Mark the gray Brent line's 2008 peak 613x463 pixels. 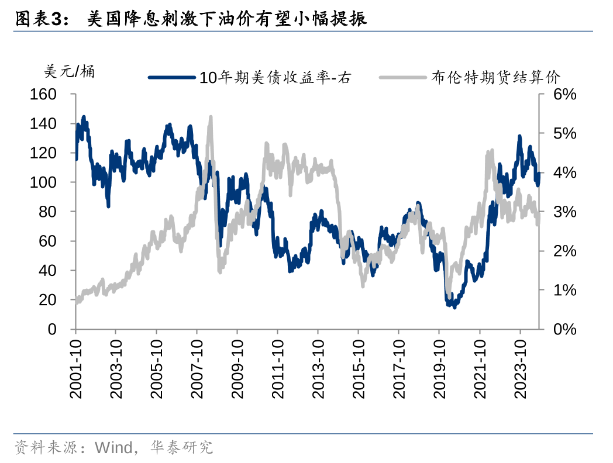211,118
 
